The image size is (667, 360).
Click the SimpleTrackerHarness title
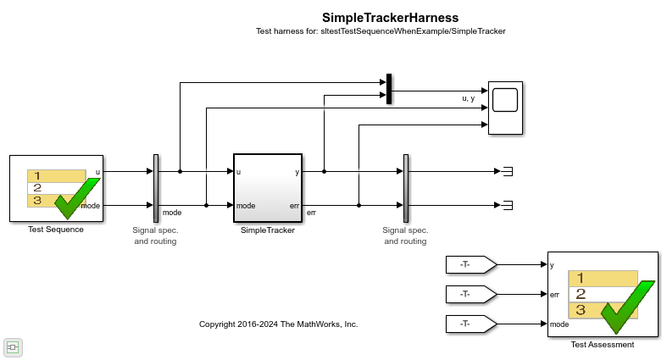tap(390, 18)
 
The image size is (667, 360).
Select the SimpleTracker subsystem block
tap(268, 188)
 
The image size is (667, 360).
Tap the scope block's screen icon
tap(505, 100)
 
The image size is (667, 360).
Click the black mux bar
tap(389, 89)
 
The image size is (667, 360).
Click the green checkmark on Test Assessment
tap(627, 307)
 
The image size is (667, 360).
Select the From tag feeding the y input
tap(471, 265)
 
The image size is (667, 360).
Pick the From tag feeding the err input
tap(471, 294)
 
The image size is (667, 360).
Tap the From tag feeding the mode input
tap(471, 324)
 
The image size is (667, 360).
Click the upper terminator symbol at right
tap(508, 171)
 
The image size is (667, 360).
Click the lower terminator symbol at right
tap(508, 205)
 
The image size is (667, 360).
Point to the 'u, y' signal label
tap(469, 98)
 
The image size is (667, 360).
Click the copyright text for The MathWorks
tap(279, 324)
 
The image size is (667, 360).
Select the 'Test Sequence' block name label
tap(56, 230)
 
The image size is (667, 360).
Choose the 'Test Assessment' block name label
tap(603, 345)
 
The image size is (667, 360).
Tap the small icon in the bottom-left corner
tap(13, 347)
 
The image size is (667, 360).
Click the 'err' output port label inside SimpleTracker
tap(294, 206)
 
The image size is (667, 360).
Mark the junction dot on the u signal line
tap(180, 171)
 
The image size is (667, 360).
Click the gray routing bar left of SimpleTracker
tap(156, 188)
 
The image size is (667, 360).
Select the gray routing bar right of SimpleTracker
tap(406, 188)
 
